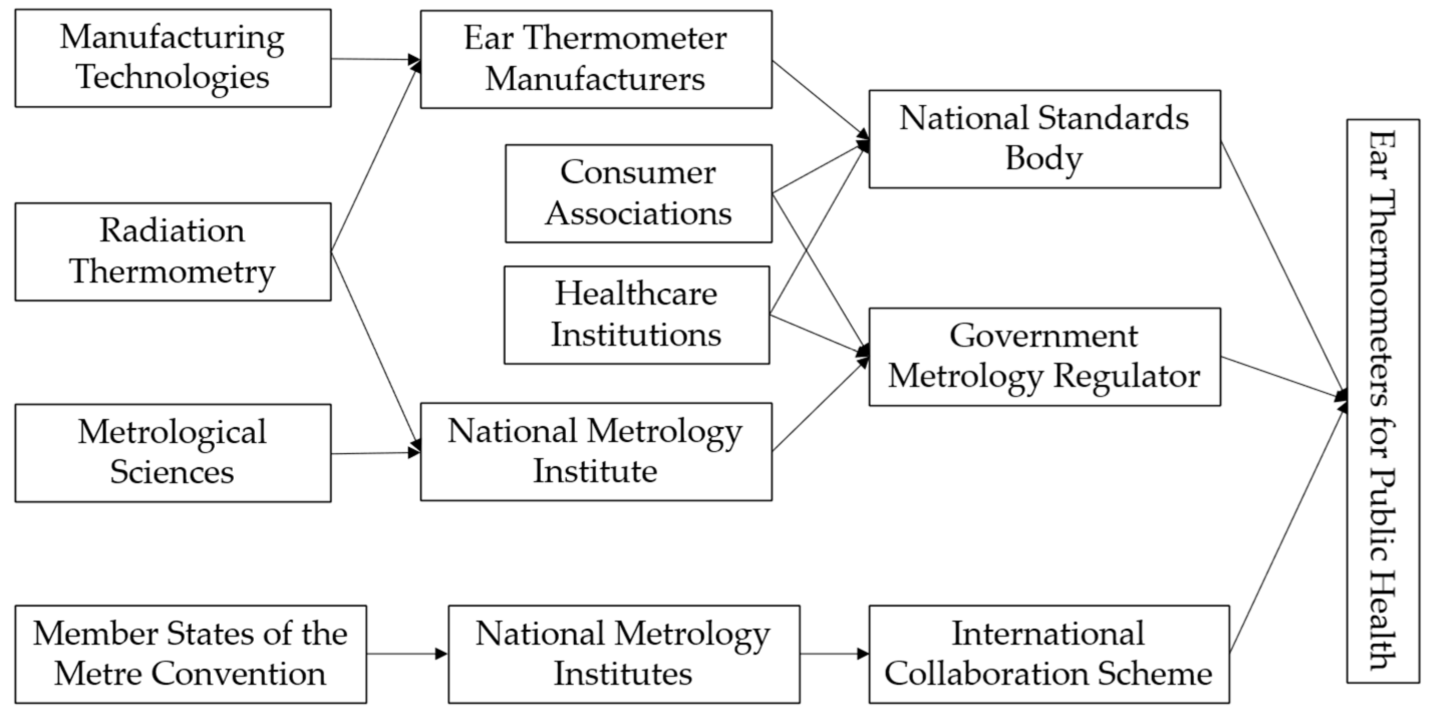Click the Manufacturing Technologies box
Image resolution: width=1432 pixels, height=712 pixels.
[173, 58]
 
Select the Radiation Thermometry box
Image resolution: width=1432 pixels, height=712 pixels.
[173, 251]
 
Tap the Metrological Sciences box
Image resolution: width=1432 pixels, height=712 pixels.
[173, 452]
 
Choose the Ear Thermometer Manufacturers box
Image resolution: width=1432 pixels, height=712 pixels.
[596, 59]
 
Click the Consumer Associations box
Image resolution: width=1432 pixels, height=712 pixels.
[638, 194]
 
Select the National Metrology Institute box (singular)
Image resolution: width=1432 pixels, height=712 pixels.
[596, 451]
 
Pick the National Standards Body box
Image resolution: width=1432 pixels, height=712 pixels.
[1045, 139]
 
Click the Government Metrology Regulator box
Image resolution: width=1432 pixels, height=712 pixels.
[1045, 357]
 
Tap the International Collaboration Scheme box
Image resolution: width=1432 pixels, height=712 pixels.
[1048, 654]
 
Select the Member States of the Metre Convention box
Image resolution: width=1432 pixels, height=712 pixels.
[191, 654]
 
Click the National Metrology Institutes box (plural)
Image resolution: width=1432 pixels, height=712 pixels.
[624, 654]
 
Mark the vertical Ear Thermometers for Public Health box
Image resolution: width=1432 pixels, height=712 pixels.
[1382, 400]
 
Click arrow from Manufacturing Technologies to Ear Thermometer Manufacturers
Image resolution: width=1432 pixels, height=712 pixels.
[376, 59]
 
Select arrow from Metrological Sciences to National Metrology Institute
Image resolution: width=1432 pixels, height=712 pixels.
[376, 453]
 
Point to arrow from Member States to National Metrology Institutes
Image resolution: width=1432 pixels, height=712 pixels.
[407, 654]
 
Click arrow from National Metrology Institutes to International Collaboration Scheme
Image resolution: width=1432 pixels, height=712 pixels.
[834, 654]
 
